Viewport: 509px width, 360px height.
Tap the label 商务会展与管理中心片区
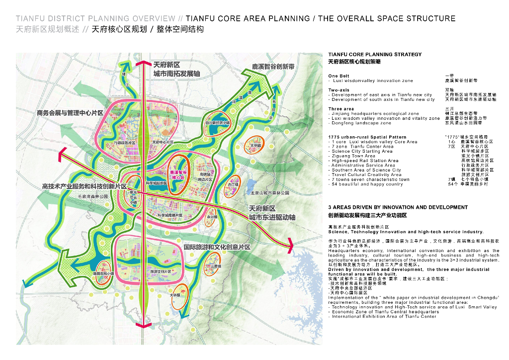70,113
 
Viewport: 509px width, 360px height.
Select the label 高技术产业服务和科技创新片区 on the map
85,186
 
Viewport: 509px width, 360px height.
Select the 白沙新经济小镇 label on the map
218,122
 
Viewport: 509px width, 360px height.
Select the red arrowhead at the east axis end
289,243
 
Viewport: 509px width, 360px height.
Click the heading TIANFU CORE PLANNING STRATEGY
375,55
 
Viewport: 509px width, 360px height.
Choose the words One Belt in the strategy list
339,76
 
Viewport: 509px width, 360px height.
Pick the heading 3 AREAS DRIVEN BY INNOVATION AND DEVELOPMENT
398,207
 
